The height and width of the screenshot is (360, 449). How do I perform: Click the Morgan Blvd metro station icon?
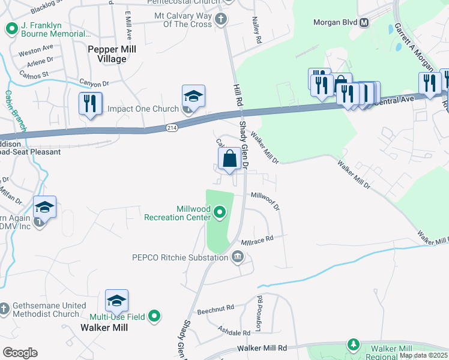[363, 23]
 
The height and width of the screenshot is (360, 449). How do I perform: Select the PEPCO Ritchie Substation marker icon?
[238, 257]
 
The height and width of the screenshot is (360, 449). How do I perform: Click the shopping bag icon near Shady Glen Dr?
[230, 160]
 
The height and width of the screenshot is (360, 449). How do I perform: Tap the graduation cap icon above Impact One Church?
[194, 96]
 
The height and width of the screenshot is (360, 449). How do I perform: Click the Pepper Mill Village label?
[107, 54]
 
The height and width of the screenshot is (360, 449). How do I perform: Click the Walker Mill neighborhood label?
[104, 328]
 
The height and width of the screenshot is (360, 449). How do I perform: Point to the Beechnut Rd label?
[215, 309]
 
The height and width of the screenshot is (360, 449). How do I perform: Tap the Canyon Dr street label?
[95, 83]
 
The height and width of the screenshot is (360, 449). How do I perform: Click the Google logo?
[20, 352]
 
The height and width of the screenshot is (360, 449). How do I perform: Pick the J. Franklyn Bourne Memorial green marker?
[11, 28]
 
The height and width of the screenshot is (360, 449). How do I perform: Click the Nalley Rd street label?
[259, 30]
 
